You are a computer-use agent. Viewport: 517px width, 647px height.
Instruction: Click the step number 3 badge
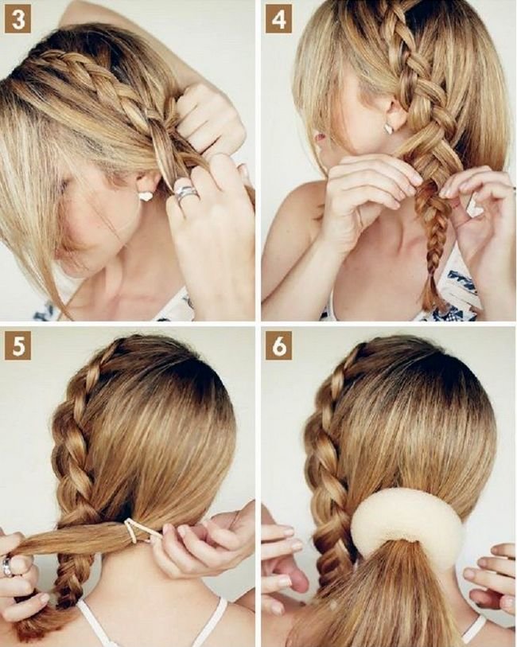click(x=17, y=19)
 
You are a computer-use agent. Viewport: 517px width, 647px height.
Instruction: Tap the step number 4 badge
click(x=278, y=19)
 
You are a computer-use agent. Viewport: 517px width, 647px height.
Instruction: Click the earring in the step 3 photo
click(x=146, y=196)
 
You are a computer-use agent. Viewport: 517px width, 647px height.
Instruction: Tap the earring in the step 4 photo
click(x=390, y=128)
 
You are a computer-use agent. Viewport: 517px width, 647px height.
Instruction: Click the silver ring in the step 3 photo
click(x=185, y=193)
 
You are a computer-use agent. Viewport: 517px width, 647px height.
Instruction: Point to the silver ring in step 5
click(x=7, y=567)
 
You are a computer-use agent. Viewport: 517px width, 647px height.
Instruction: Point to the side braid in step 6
click(x=330, y=474)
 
